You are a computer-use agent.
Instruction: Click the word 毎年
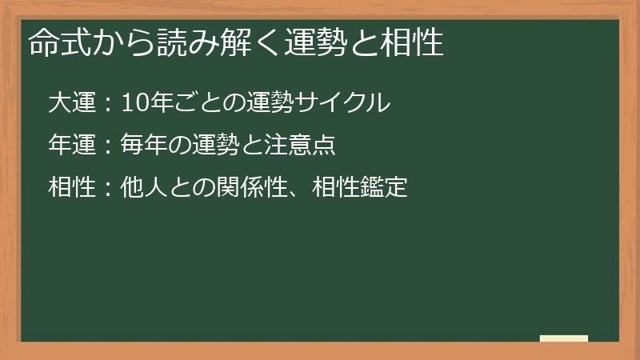pos(144,145)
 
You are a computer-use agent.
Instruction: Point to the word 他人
pos(144,188)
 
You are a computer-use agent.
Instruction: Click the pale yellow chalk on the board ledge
pos(564,338)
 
